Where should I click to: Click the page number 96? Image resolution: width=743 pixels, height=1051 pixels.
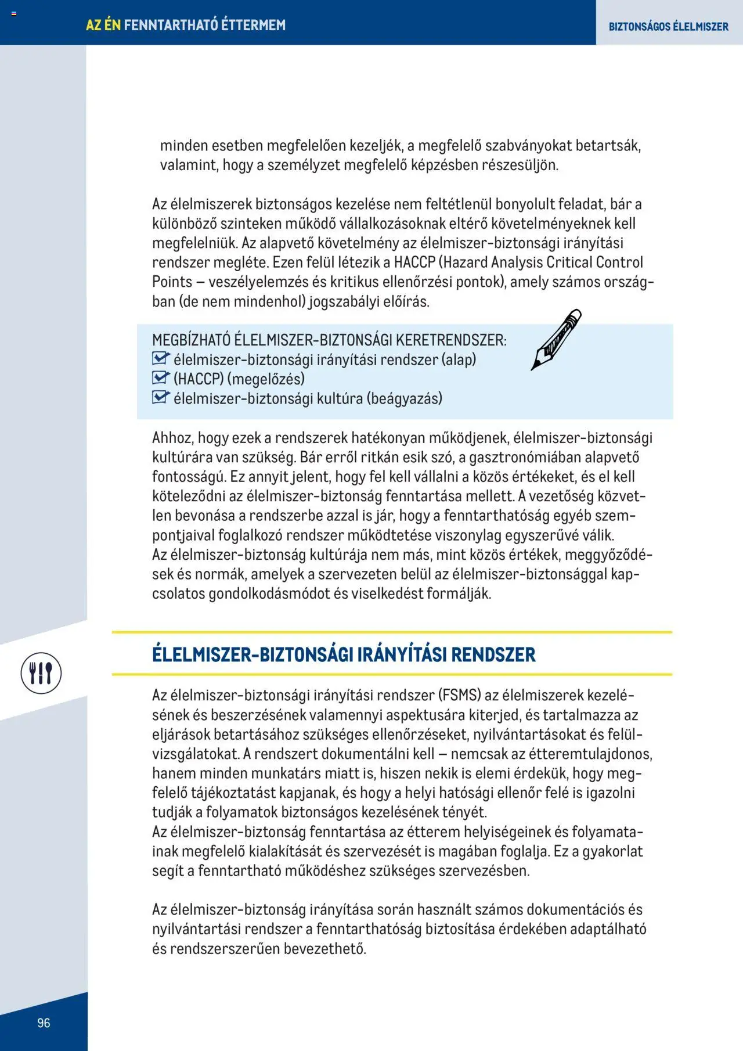pos(44,1023)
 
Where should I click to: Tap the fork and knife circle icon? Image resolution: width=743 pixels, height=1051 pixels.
pos(41,673)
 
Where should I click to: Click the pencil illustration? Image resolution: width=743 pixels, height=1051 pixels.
pos(556,339)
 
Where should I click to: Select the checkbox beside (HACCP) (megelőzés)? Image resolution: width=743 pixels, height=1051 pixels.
pos(160,378)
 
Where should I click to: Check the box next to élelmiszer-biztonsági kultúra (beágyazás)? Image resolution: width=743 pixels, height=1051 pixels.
pos(160,398)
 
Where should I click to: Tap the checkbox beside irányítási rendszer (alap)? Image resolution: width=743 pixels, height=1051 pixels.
pos(160,358)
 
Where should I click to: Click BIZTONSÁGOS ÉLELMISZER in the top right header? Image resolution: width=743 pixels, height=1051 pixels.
pos(668,27)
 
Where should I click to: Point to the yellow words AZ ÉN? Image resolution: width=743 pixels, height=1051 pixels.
pos(103,25)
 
